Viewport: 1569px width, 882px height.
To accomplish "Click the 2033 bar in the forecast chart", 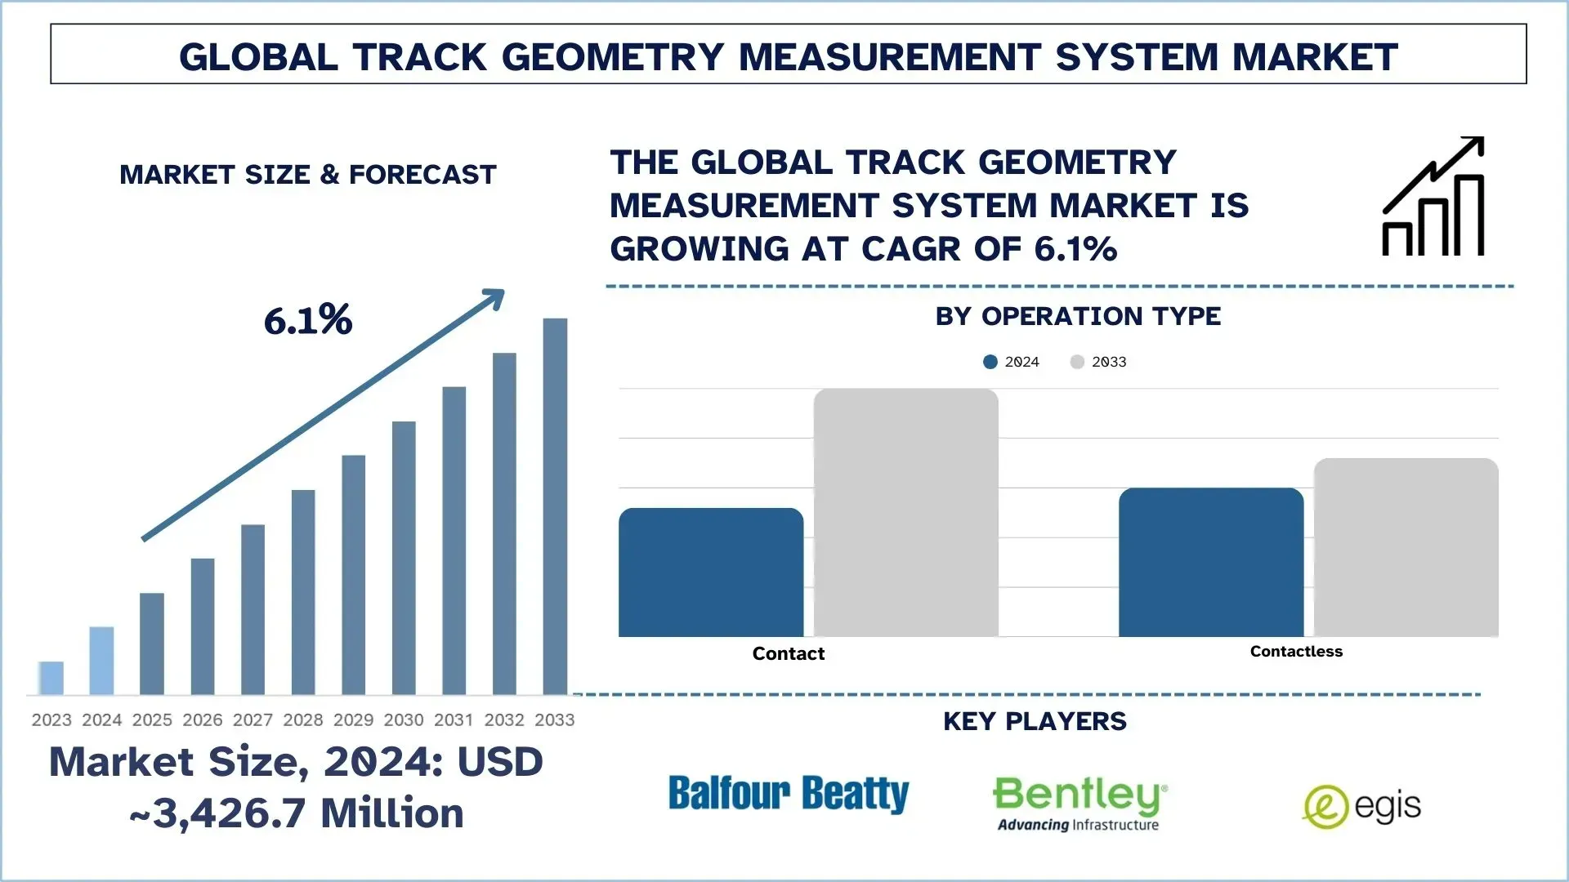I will [x=555, y=506].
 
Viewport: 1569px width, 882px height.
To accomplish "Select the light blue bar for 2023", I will [x=51, y=678].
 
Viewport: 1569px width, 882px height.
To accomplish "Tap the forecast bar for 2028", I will [x=303, y=592].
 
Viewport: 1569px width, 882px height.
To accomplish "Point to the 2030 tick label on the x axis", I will [x=404, y=719].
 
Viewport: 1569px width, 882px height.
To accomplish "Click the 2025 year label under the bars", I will [x=152, y=719].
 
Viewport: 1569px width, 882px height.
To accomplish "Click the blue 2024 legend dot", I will [x=990, y=362].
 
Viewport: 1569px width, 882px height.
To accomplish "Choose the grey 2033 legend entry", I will [x=1099, y=362].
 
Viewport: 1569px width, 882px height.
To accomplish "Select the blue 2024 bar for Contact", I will [x=711, y=572].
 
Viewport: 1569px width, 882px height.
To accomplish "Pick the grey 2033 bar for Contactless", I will [x=1406, y=547].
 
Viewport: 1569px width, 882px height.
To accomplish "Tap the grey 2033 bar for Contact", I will [x=905, y=513].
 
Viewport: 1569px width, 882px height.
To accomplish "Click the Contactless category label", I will [x=1296, y=651].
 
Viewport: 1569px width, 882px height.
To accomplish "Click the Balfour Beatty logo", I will [x=788, y=794].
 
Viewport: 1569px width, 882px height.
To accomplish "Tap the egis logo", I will [x=1361, y=807].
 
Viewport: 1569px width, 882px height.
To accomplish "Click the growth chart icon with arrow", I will [x=1433, y=197].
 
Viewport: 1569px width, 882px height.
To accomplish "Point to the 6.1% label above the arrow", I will [x=308, y=320].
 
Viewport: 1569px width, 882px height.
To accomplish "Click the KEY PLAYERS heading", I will [x=1035, y=721].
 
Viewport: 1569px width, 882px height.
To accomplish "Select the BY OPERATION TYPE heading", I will [x=1078, y=316].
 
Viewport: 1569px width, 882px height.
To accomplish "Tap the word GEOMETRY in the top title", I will [x=613, y=57].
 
